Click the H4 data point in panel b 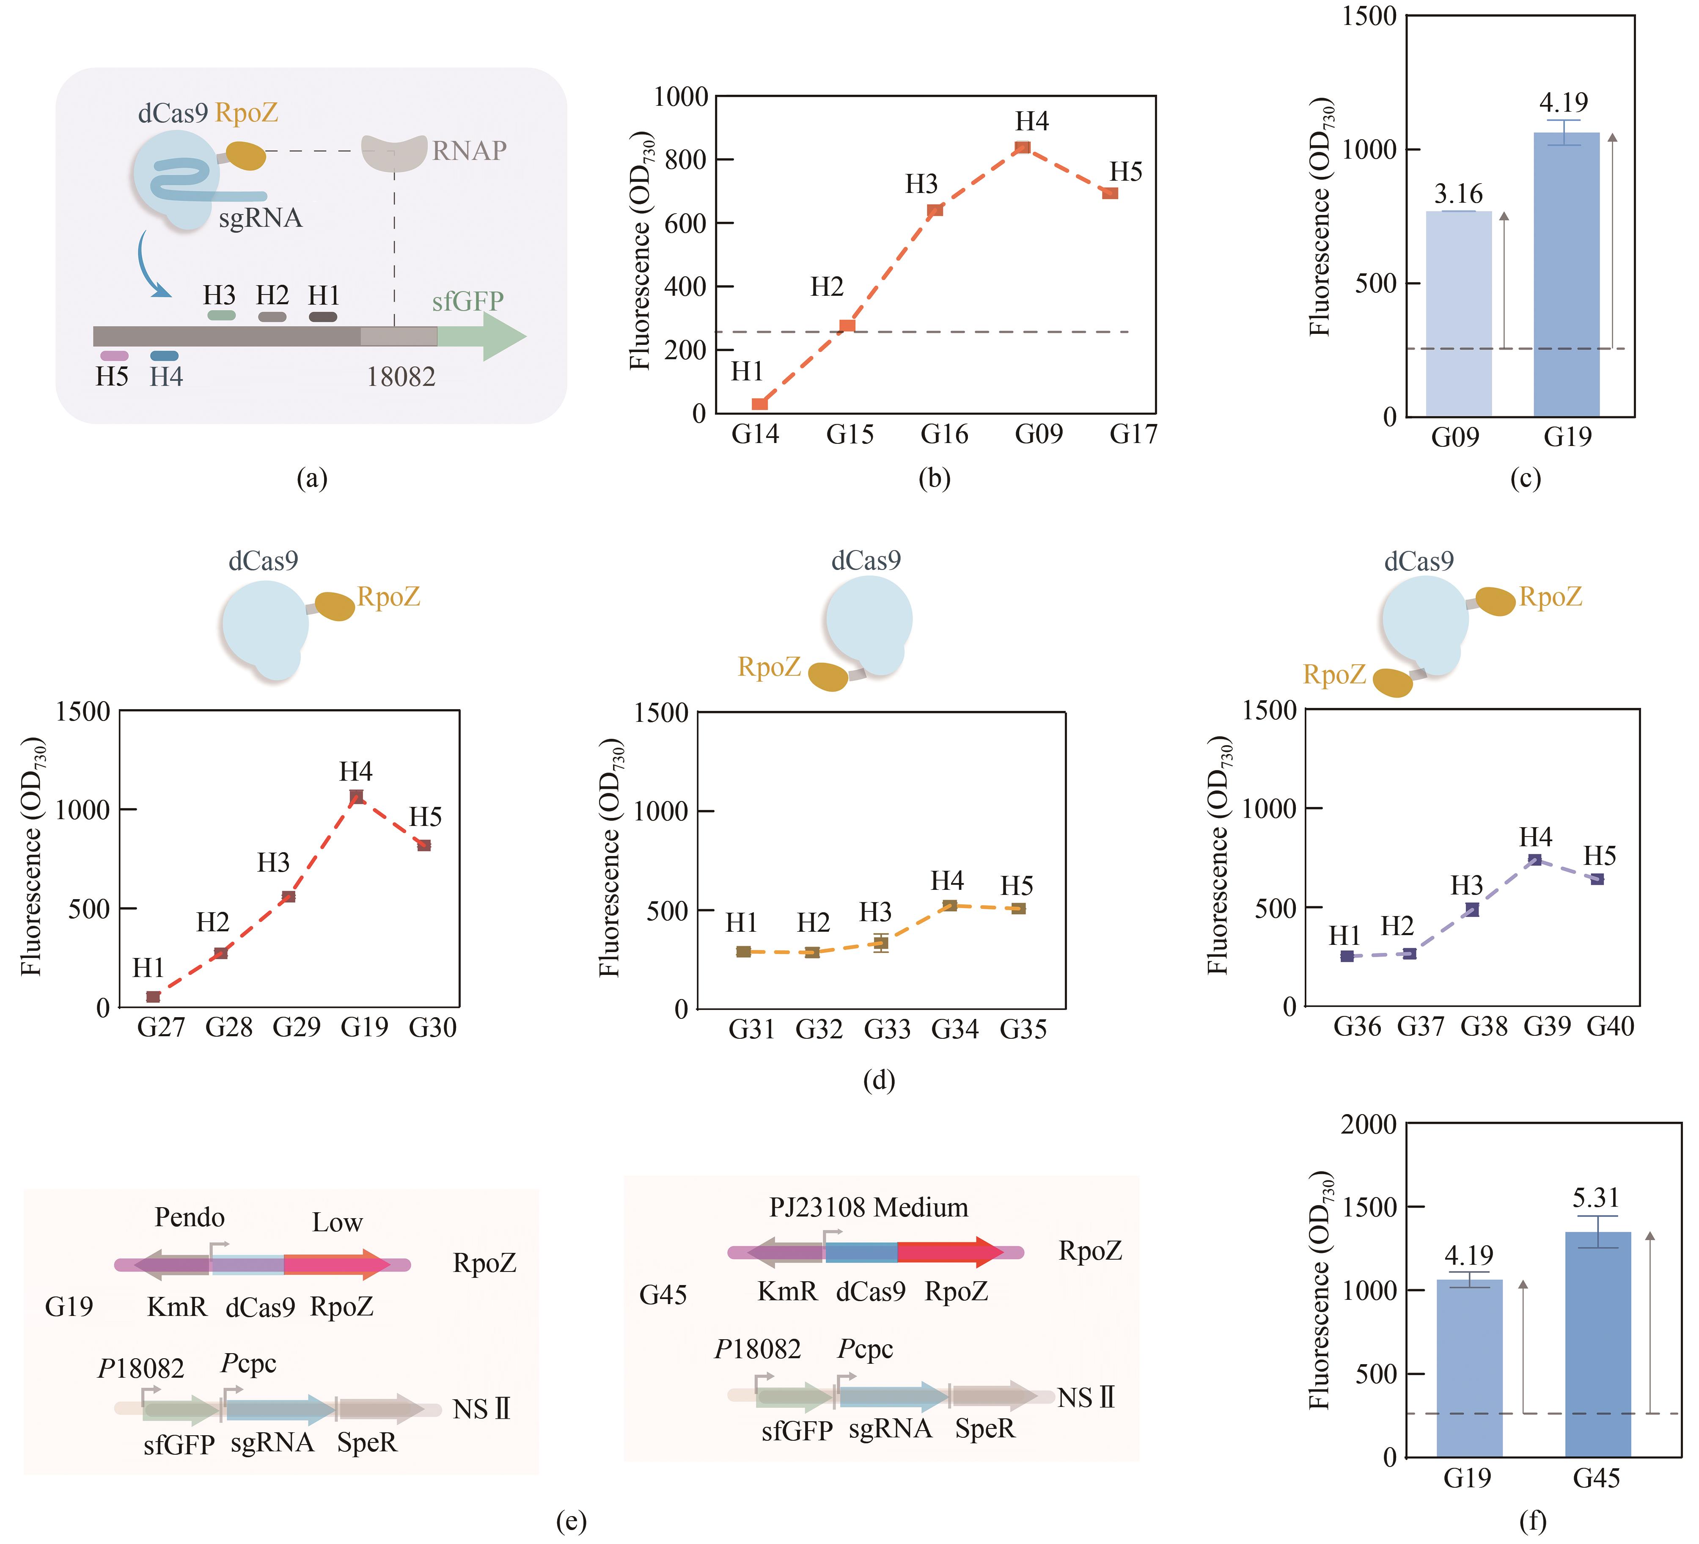[x=1022, y=148]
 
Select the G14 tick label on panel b [x=755, y=435]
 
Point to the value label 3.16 [x=1458, y=195]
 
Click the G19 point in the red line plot [x=357, y=796]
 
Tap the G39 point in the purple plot [x=1535, y=860]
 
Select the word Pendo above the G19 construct [x=190, y=1218]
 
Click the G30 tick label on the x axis [x=432, y=1027]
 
